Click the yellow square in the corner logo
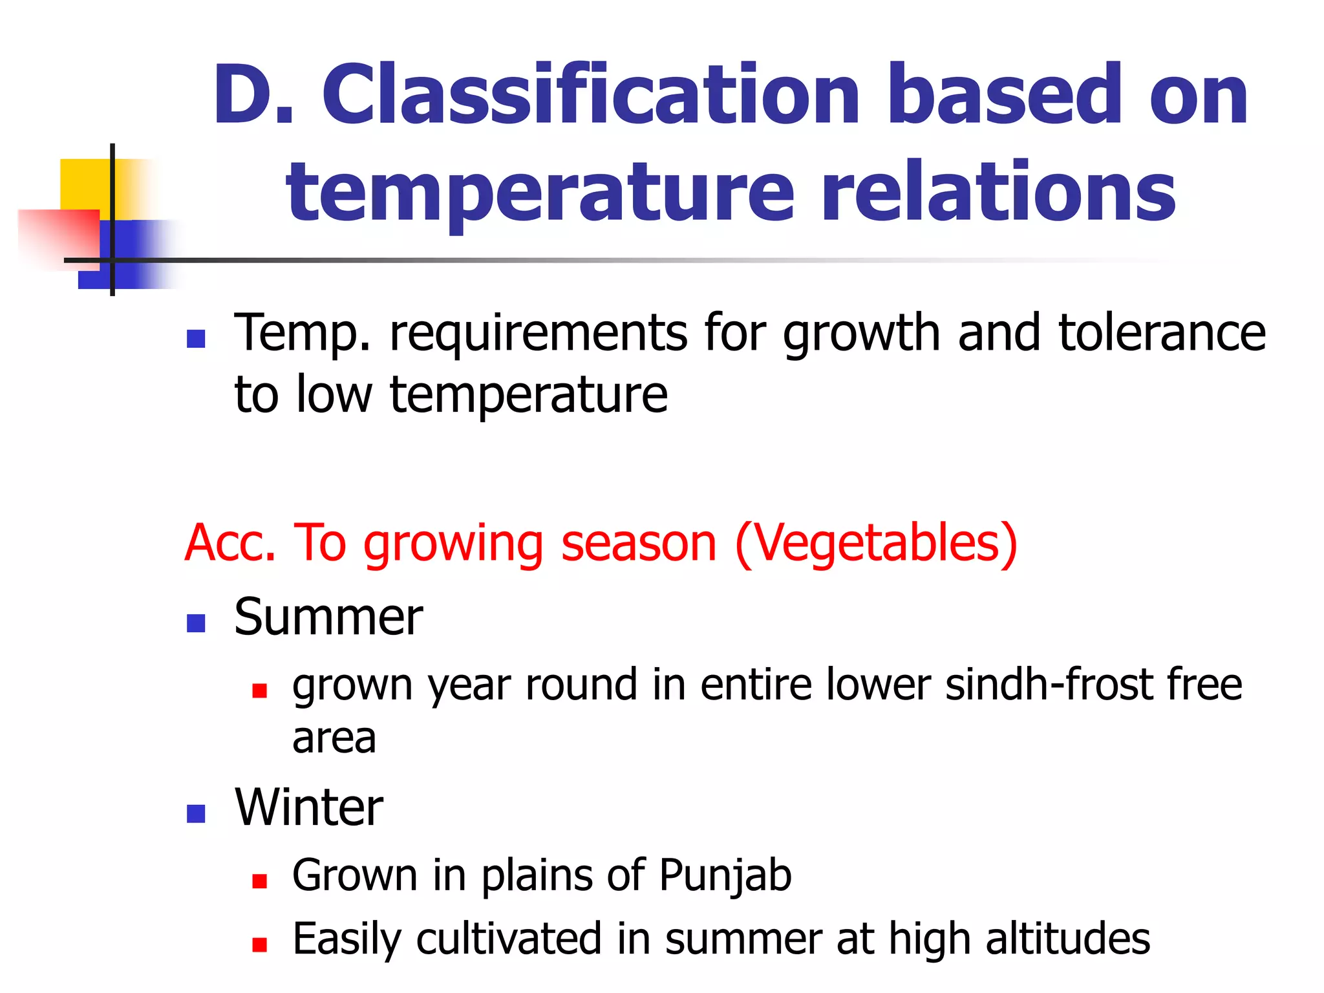click(84, 184)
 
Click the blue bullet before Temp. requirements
click(195, 338)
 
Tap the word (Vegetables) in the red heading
click(876, 543)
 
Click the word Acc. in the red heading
click(230, 543)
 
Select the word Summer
click(328, 617)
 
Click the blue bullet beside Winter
click(195, 813)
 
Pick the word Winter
click(308, 807)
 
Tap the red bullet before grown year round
click(259, 691)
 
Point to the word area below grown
click(334, 738)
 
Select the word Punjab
click(725, 876)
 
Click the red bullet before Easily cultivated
click(259, 945)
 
